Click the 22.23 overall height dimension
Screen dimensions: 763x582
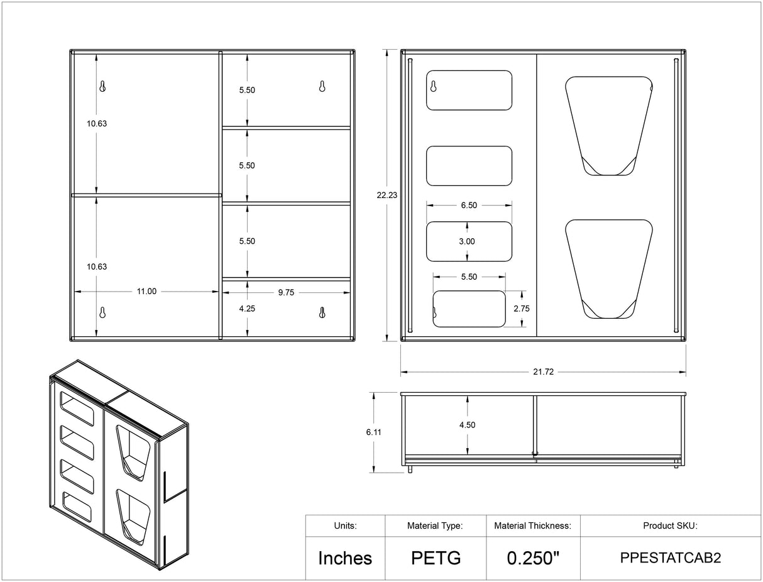click(387, 195)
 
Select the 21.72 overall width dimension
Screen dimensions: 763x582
click(543, 372)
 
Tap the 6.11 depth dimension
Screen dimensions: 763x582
click(374, 432)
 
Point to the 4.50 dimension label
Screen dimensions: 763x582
click(467, 425)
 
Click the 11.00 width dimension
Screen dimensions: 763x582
click(146, 291)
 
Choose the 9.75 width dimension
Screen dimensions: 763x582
click(286, 292)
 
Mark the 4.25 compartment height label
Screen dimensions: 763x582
click(247, 309)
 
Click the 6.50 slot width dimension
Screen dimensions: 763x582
click(469, 206)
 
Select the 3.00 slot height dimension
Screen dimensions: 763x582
click(467, 241)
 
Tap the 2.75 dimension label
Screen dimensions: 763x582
click(522, 309)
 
